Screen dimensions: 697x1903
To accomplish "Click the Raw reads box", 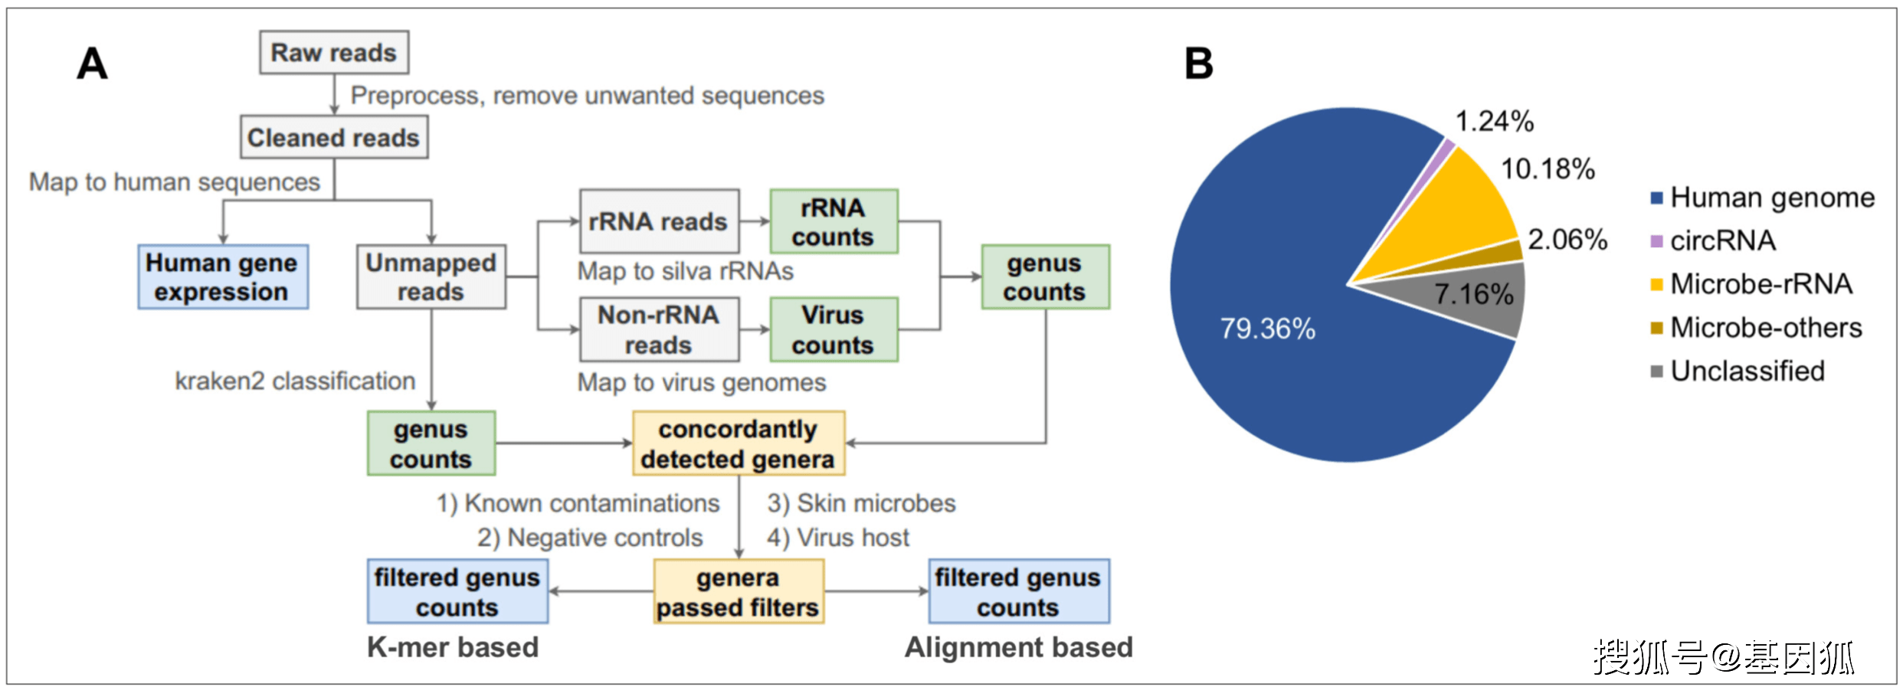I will point(333,53).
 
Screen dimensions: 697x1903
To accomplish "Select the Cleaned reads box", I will point(333,138).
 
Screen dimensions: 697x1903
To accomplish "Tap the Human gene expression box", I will point(223,277).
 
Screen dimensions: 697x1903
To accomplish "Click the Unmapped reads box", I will point(431,277).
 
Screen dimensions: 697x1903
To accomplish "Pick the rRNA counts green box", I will point(834,222).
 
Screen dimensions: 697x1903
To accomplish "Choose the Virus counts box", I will point(834,330).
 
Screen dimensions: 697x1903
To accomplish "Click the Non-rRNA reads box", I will point(659,330).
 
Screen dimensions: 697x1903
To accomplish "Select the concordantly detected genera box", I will point(738,443).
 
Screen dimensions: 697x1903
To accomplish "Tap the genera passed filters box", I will point(738,592).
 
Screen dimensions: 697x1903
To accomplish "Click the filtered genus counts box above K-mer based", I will point(457,592).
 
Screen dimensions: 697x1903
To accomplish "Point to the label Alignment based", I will point(1018,648).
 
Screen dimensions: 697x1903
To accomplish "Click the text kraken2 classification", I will point(295,381).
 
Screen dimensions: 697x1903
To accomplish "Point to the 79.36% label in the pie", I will point(1267,329).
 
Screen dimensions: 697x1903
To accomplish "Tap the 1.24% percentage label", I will point(1494,121).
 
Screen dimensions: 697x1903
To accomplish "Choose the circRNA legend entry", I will point(1721,241).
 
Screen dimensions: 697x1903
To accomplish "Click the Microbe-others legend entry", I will point(1764,328).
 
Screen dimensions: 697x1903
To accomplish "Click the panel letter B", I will point(1199,64).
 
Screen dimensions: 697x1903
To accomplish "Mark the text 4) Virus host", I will point(838,538).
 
